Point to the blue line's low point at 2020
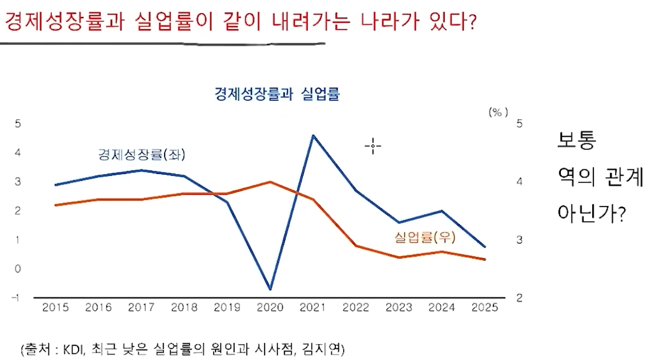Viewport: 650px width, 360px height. point(270,289)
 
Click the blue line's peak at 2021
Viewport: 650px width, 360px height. point(313,135)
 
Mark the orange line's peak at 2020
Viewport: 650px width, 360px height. point(270,182)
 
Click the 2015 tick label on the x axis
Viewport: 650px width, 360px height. point(55,307)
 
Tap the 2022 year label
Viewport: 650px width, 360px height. point(356,307)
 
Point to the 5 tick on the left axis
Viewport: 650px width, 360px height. point(18,124)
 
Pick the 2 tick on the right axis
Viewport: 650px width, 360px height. point(519,298)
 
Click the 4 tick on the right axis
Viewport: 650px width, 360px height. point(519,182)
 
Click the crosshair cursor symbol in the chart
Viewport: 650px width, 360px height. point(373,146)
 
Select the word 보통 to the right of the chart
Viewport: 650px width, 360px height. point(577,140)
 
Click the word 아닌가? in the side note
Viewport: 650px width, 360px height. point(591,212)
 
